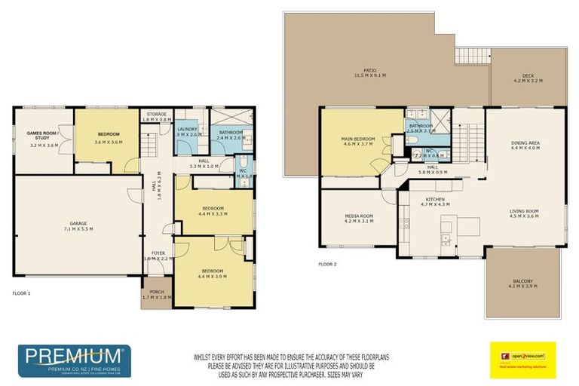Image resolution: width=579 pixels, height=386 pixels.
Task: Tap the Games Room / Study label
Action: pos(42,136)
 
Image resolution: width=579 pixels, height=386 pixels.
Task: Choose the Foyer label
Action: pos(158,253)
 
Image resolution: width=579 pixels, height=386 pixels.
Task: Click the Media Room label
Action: pos(358,218)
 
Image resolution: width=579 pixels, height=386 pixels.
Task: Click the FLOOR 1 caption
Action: pos(22,292)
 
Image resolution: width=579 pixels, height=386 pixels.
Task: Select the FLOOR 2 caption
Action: pos(327,264)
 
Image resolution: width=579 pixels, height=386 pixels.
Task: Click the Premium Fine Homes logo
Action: pos(74,360)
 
